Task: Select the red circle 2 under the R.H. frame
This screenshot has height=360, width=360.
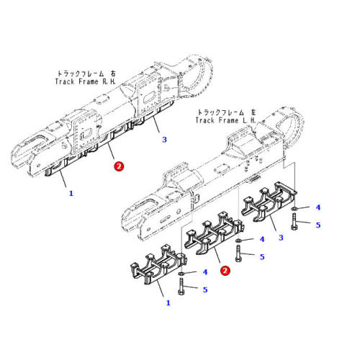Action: pos(119,166)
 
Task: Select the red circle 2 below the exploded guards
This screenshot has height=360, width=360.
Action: pos(225,271)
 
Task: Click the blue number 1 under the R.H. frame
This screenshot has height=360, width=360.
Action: pos(71,193)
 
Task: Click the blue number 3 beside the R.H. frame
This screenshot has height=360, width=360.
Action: pos(164,139)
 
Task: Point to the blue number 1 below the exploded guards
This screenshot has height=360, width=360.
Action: pos(168,302)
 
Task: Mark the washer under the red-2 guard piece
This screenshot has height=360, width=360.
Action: pos(239,240)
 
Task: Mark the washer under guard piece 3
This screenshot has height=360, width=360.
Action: pos(296,209)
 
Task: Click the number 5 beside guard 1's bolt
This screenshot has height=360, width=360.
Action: pos(204,289)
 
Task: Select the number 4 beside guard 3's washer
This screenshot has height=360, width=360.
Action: pos(318,208)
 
